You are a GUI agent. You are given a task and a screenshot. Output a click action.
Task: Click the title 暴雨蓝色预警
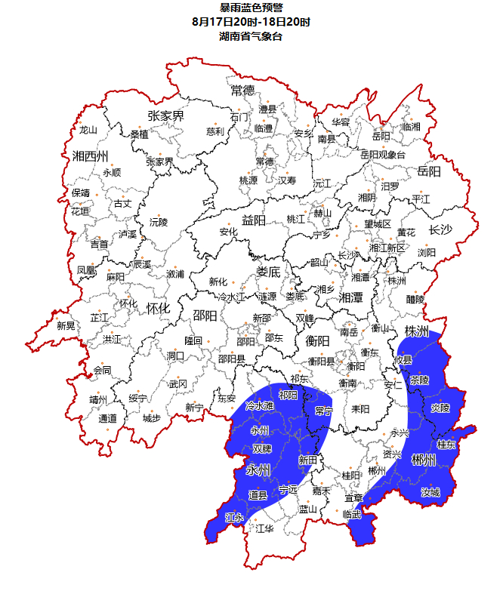[x=251, y=8]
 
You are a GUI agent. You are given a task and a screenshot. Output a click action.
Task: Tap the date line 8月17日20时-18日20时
[x=251, y=22]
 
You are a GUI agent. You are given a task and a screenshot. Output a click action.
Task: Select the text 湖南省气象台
[x=251, y=36]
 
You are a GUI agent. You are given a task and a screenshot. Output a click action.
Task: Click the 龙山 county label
[x=88, y=130]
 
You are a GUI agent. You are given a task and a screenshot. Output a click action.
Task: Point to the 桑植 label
[x=139, y=134]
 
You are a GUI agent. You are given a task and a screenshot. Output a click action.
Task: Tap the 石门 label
[x=239, y=118]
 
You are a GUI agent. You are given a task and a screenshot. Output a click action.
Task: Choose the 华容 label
[x=341, y=122]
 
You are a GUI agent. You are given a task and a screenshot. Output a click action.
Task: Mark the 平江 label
[x=421, y=199]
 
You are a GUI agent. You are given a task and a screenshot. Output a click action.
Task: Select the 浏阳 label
[x=427, y=252]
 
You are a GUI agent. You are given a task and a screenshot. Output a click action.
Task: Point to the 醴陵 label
[x=415, y=299]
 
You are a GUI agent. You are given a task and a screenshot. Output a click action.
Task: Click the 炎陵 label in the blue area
[x=440, y=408]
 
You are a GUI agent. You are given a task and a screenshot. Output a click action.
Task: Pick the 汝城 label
[x=430, y=492]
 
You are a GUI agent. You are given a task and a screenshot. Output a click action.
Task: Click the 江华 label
[x=264, y=529]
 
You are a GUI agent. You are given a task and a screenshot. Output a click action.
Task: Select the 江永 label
[x=234, y=518]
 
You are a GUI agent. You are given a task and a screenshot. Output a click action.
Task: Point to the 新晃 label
[x=66, y=326]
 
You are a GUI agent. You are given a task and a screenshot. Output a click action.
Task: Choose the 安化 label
[x=229, y=232]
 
